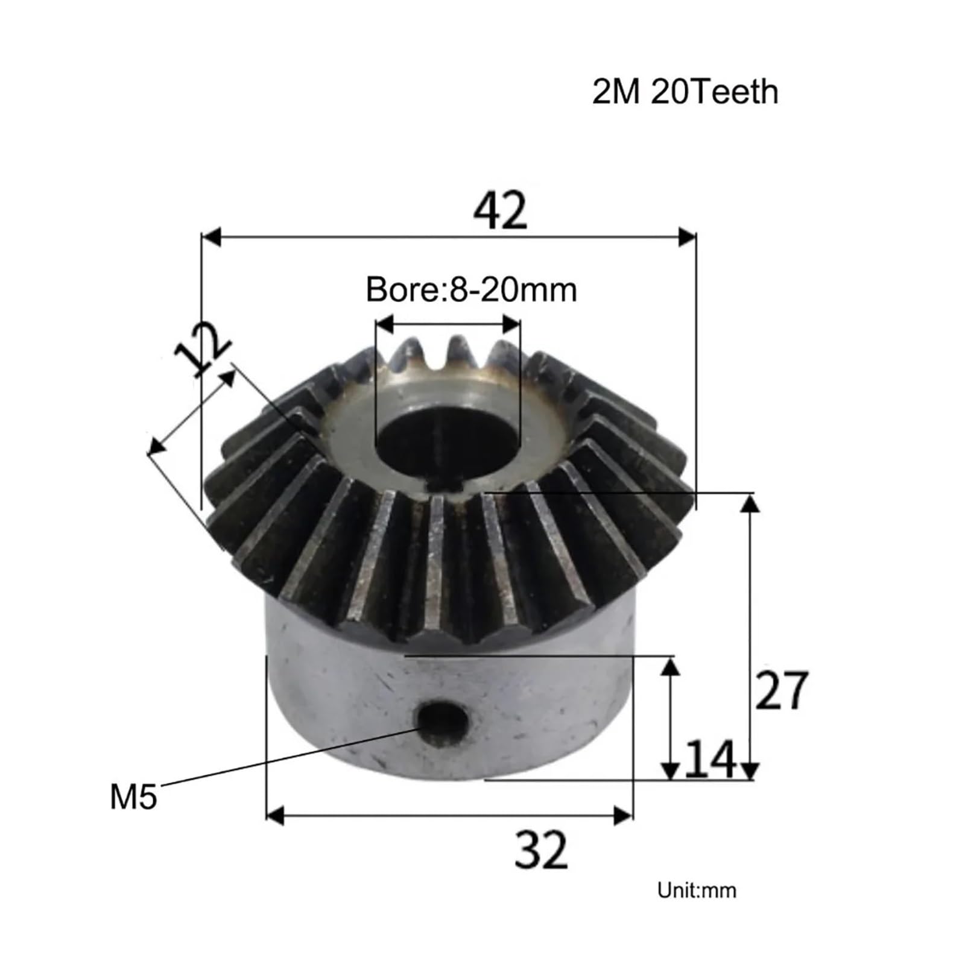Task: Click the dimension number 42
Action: pos(500,212)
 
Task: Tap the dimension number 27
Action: pos(780,690)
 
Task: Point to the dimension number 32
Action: pos(541,849)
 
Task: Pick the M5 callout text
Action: pos(133,796)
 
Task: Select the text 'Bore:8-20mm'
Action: pos(471,290)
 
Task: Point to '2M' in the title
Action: pos(615,92)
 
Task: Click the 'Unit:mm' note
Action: pos(697,890)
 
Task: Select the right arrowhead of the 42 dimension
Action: pos(687,237)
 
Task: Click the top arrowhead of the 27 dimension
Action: pos(749,503)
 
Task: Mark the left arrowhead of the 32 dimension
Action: pos(275,816)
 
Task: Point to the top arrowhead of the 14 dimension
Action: pos(671,667)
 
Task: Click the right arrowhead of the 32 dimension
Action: pos(622,816)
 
